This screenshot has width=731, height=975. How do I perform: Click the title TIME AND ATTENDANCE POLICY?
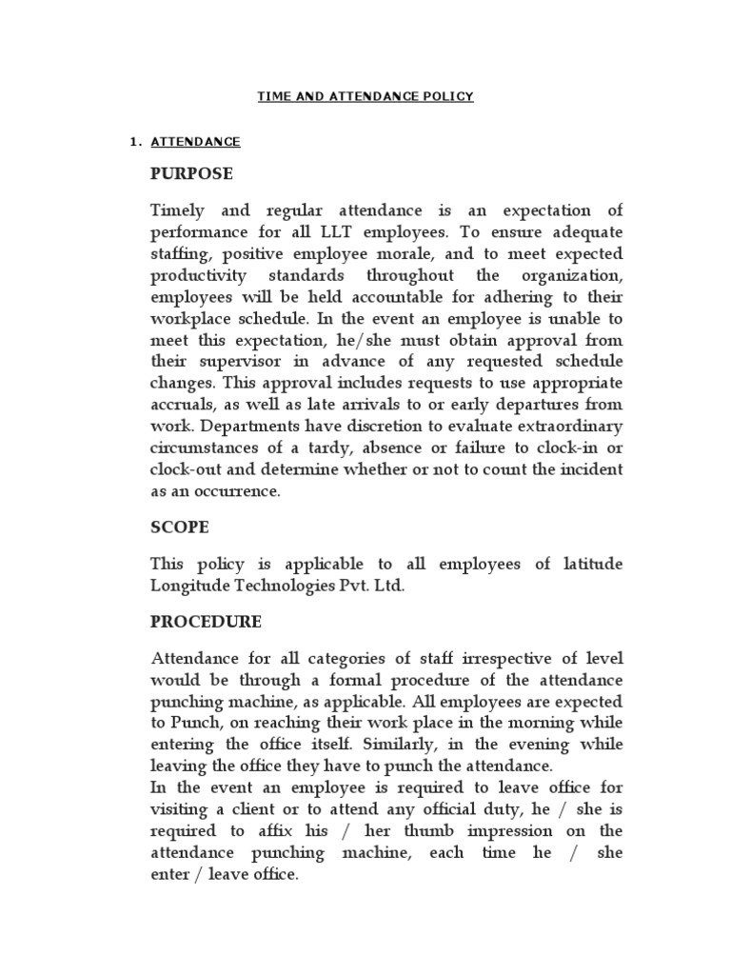click(365, 96)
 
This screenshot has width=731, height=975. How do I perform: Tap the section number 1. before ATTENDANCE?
click(134, 143)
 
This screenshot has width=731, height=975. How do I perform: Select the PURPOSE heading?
click(191, 175)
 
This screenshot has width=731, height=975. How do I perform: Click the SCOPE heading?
click(180, 526)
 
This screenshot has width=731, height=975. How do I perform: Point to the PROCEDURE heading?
click(206, 622)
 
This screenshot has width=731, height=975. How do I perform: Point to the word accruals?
click(183, 405)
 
